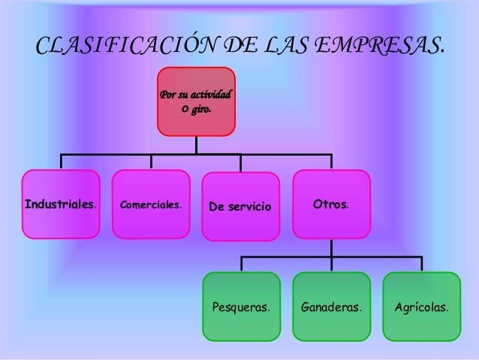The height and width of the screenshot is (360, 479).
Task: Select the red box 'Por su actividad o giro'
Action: [x=196, y=101]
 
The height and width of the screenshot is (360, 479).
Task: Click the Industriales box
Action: [x=61, y=204]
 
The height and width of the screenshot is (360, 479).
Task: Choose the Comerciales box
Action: [x=151, y=204]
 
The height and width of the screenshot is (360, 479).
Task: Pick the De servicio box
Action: [x=241, y=205]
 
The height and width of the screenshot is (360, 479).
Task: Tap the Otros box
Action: [x=331, y=204]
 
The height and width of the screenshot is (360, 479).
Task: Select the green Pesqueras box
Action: [x=241, y=307]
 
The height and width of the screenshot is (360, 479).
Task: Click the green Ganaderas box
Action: [x=331, y=307]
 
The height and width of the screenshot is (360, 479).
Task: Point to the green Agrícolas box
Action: [x=421, y=307]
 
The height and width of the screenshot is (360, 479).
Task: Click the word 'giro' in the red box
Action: [x=200, y=110]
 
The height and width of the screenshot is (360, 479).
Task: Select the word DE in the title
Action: [x=237, y=47]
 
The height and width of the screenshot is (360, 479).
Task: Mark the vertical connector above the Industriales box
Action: [x=61, y=162]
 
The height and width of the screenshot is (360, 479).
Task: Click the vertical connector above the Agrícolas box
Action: [x=421, y=264]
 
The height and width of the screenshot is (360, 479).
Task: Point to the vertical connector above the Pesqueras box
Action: [x=241, y=264]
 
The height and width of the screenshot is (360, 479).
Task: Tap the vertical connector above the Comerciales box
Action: [x=151, y=162]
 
